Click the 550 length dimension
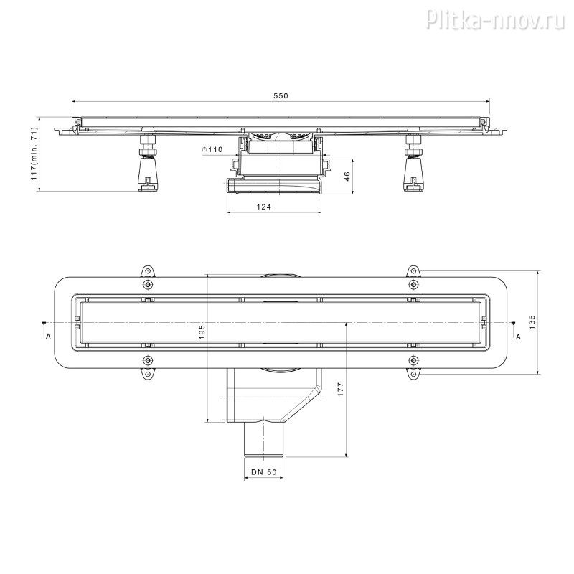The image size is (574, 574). pos(281,96)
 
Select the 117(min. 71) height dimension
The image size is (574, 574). pos(34,154)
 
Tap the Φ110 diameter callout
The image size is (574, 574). pos(212,149)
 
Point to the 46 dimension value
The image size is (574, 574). pos(347,176)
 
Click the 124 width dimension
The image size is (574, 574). pos(263,207)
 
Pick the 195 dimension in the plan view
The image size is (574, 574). pos(202,331)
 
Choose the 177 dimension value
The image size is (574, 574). pos(340,389)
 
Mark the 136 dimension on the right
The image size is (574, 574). pos(532,322)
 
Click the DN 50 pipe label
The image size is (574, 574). pos(264,472)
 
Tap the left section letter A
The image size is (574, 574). pos(48,336)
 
